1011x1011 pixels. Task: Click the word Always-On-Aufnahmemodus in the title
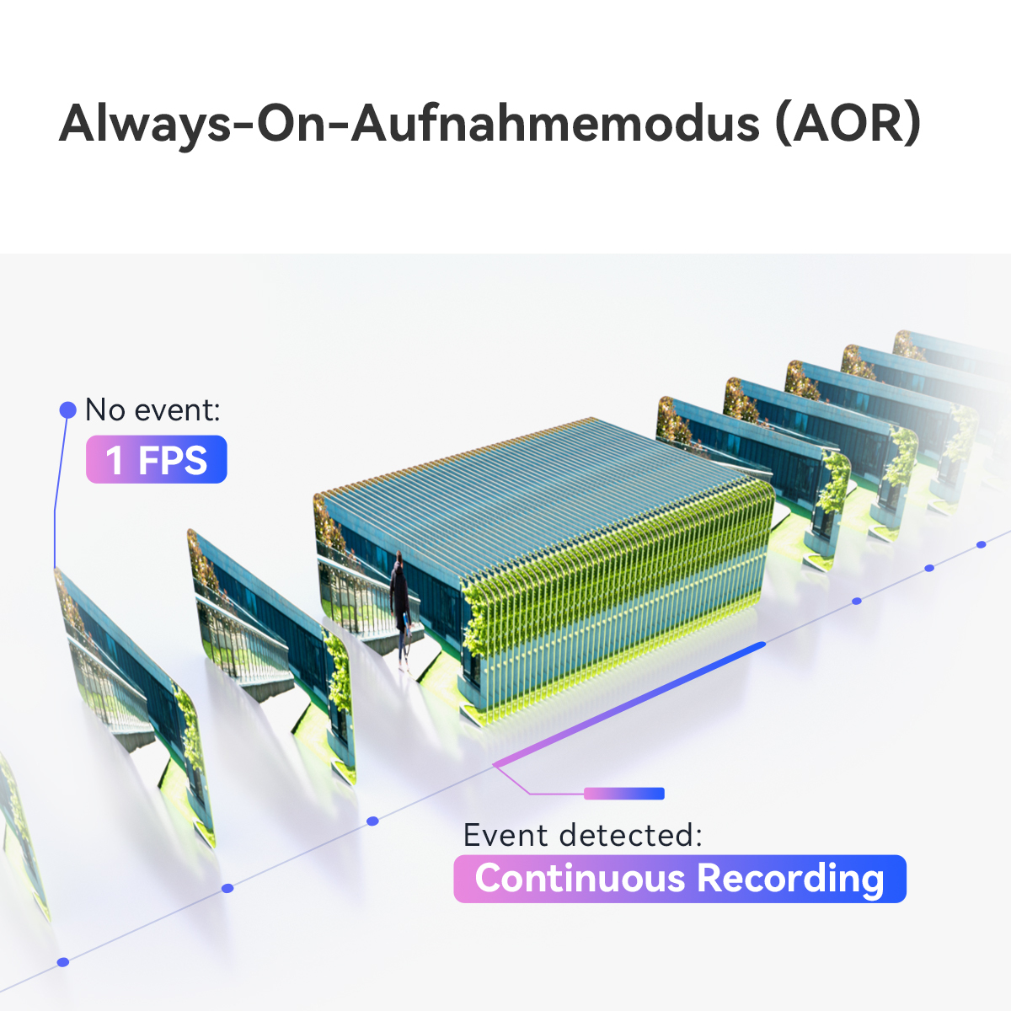click(409, 125)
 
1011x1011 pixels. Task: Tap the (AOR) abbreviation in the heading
click(848, 125)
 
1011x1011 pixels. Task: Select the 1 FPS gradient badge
click(157, 459)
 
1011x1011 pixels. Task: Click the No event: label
click(152, 409)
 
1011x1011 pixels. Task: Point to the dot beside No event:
click(67, 410)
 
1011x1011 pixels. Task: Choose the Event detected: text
click(582, 834)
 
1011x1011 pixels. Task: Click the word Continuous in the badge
click(580, 878)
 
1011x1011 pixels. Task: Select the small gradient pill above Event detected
click(624, 794)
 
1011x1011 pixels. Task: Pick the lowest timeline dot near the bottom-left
click(63, 962)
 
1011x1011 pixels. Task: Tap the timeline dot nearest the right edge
click(982, 545)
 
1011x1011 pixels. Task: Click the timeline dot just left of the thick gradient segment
click(372, 821)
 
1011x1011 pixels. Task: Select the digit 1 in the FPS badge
click(115, 460)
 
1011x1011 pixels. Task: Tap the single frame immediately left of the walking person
click(270, 655)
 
